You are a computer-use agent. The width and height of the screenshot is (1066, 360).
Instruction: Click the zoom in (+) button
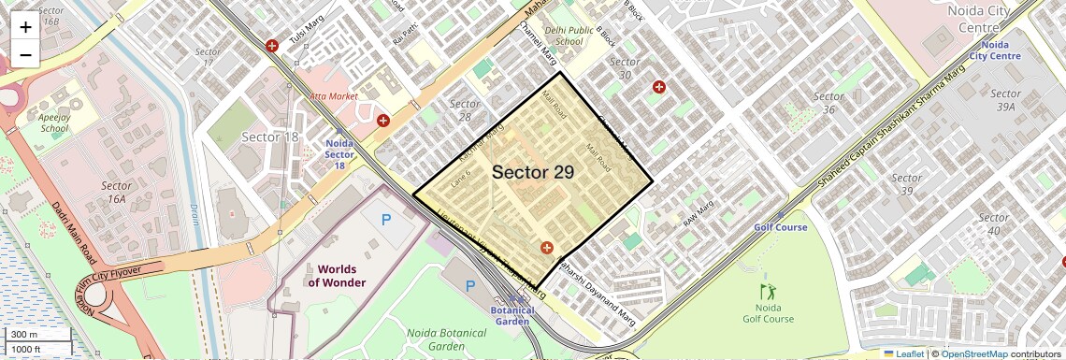coord(25,26)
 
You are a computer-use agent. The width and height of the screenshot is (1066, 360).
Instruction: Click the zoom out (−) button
coord(25,54)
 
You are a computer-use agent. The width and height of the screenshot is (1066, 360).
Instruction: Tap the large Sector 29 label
coord(532,172)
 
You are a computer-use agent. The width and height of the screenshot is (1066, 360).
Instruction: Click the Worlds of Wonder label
coord(337,276)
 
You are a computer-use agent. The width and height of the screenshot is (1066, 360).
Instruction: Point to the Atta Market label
coord(334,96)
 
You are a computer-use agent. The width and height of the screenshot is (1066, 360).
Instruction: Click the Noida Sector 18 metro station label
coord(340,154)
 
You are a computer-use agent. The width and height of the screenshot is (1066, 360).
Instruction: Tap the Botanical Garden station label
coord(514,316)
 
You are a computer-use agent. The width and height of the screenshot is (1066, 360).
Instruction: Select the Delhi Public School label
coord(569,36)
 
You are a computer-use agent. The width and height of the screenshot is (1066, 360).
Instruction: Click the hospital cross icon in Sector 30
coord(659,87)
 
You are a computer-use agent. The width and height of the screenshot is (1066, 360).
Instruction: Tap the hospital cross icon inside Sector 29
coord(546,248)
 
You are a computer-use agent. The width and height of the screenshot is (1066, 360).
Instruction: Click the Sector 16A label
coord(118,192)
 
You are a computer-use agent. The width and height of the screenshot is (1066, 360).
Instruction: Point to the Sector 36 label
coord(828,103)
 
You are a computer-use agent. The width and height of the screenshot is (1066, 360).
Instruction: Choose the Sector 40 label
coord(993,224)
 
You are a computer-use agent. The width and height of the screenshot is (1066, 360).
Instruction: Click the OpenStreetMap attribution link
coord(973,354)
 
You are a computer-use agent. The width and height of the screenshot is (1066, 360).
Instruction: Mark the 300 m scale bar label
coord(24,335)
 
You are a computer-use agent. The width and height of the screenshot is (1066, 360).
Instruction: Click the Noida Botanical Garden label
coord(448,339)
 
